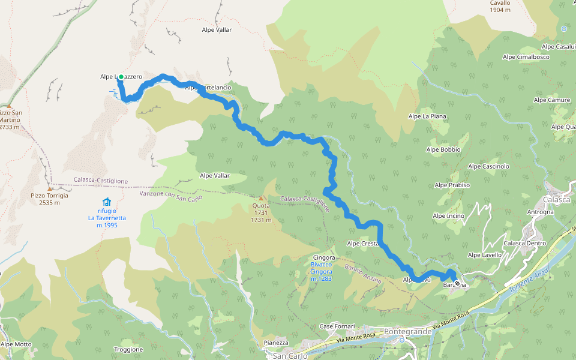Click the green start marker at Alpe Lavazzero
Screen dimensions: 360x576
[121, 77]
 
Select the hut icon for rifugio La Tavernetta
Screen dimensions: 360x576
[106, 202]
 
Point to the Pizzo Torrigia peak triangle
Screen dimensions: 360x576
[50, 188]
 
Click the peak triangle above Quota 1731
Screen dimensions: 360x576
[261, 198]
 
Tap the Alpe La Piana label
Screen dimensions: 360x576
[427, 116]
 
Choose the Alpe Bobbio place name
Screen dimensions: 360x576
[443, 149]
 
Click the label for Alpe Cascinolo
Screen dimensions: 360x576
[488, 166]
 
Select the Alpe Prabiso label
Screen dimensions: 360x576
[452, 185]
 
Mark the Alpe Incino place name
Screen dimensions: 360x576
[448, 215]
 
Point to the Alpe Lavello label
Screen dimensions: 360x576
[484, 255]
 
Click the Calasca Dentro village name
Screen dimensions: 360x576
[524, 243]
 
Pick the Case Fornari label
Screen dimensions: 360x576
[335, 326]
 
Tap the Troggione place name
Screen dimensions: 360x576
[128, 349]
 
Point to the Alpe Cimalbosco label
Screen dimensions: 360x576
[526, 57]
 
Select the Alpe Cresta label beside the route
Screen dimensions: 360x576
[363, 243]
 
